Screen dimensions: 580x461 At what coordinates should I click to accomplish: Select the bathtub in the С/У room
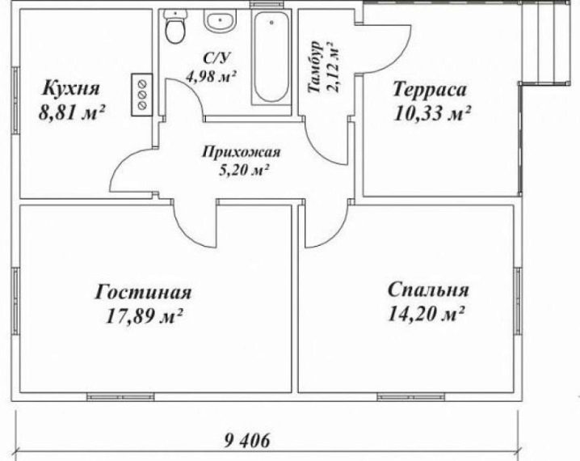click(271, 57)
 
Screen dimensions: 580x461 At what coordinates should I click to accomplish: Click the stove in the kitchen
click(141, 95)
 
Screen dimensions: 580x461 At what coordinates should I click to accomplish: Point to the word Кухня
click(71, 88)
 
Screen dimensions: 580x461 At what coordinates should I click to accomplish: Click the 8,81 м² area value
click(72, 113)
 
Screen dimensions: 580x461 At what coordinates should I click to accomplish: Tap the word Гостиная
click(143, 292)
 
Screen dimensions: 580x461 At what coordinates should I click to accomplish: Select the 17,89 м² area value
click(145, 316)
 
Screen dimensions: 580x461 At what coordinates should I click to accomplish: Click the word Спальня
click(428, 290)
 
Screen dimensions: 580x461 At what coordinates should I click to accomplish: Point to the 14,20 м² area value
click(426, 315)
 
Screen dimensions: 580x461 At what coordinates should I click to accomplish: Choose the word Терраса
click(430, 89)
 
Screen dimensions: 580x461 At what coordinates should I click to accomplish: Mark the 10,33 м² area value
click(431, 113)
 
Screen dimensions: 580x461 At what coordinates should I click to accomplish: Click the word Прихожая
click(242, 152)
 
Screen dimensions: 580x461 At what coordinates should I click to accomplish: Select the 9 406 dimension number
click(247, 441)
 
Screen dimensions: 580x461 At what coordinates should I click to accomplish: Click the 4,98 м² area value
click(211, 77)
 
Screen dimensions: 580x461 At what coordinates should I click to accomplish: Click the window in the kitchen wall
click(15, 99)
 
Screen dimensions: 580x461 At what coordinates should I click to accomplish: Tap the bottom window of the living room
click(120, 397)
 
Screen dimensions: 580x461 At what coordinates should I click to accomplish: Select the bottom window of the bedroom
click(411, 397)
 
